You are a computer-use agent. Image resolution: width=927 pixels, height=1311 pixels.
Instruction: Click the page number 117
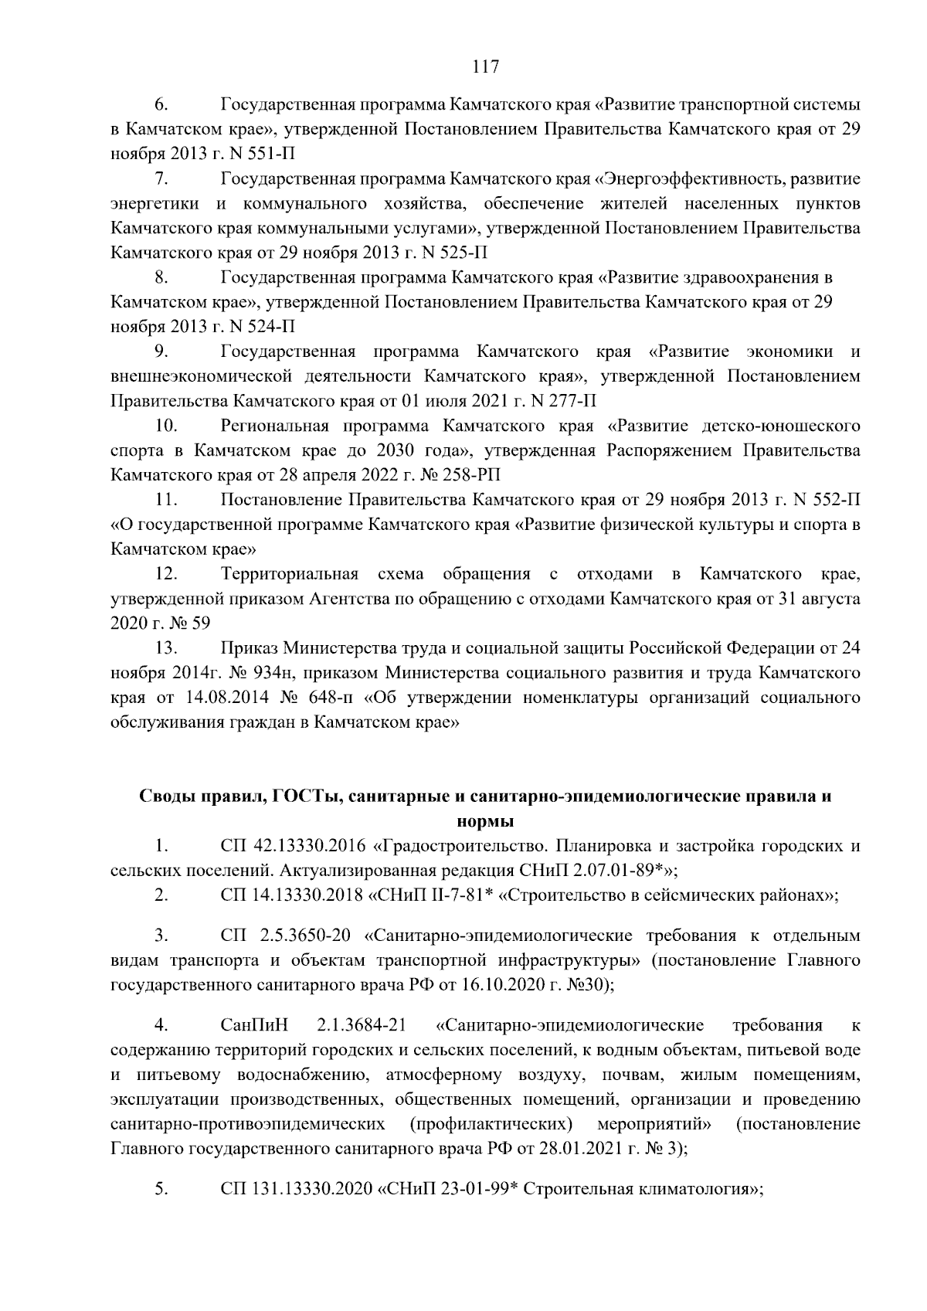485,66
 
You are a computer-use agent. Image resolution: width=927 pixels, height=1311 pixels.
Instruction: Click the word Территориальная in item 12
290,574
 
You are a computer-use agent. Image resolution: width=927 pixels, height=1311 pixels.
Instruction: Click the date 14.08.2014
227,698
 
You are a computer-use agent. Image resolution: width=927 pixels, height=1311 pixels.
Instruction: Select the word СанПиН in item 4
254,1026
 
